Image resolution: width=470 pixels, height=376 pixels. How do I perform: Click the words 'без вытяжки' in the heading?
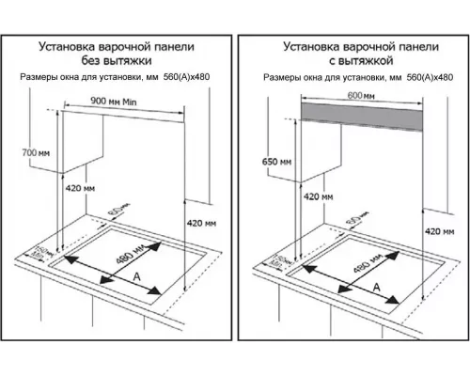tap(117, 59)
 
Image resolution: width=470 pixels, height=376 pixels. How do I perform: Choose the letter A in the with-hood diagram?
tap(377, 286)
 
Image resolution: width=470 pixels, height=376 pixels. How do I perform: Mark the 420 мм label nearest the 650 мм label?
tap(317, 198)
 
